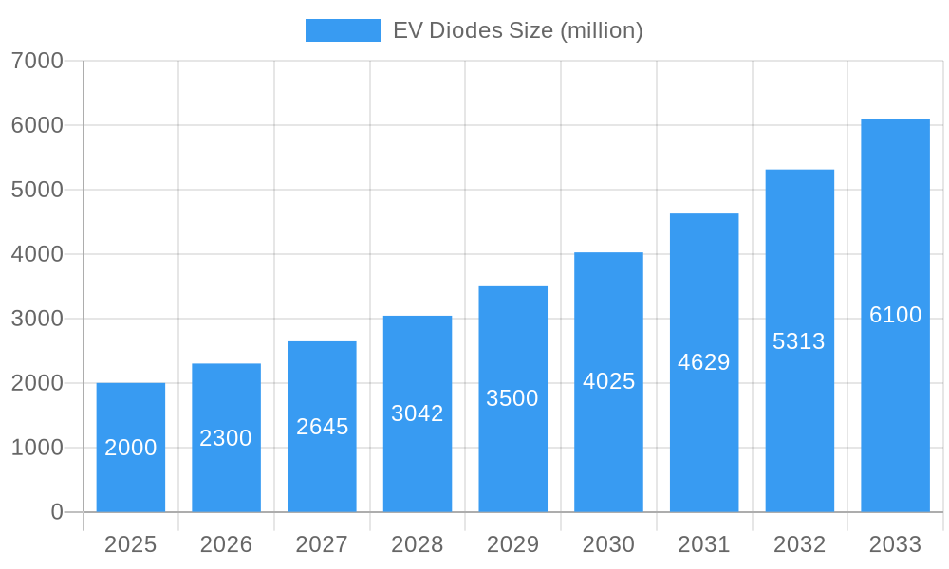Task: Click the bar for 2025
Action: click(x=131, y=448)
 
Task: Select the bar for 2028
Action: click(x=418, y=414)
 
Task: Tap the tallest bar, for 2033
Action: click(x=895, y=315)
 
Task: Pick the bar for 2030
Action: click(x=608, y=382)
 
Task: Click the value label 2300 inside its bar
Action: click(x=226, y=438)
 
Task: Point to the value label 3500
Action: click(x=512, y=398)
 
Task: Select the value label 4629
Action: click(x=704, y=362)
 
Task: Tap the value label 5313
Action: click(x=799, y=341)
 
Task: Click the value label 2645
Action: click(x=322, y=427)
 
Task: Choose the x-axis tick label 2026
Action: click(x=226, y=544)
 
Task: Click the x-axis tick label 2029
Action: click(x=512, y=544)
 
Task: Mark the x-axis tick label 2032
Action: click(x=799, y=544)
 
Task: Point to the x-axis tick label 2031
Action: click(x=704, y=544)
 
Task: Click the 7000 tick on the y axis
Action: click(x=37, y=61)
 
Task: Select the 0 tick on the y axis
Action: click(x=56, y=512)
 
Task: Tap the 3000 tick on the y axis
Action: click(x=37, y=319)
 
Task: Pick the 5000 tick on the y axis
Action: click(x=37, y=190)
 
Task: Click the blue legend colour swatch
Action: click(x=343, y=30)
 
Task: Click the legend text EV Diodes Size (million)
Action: click(x=518, y=30)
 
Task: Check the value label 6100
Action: click(x=895, y=315)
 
